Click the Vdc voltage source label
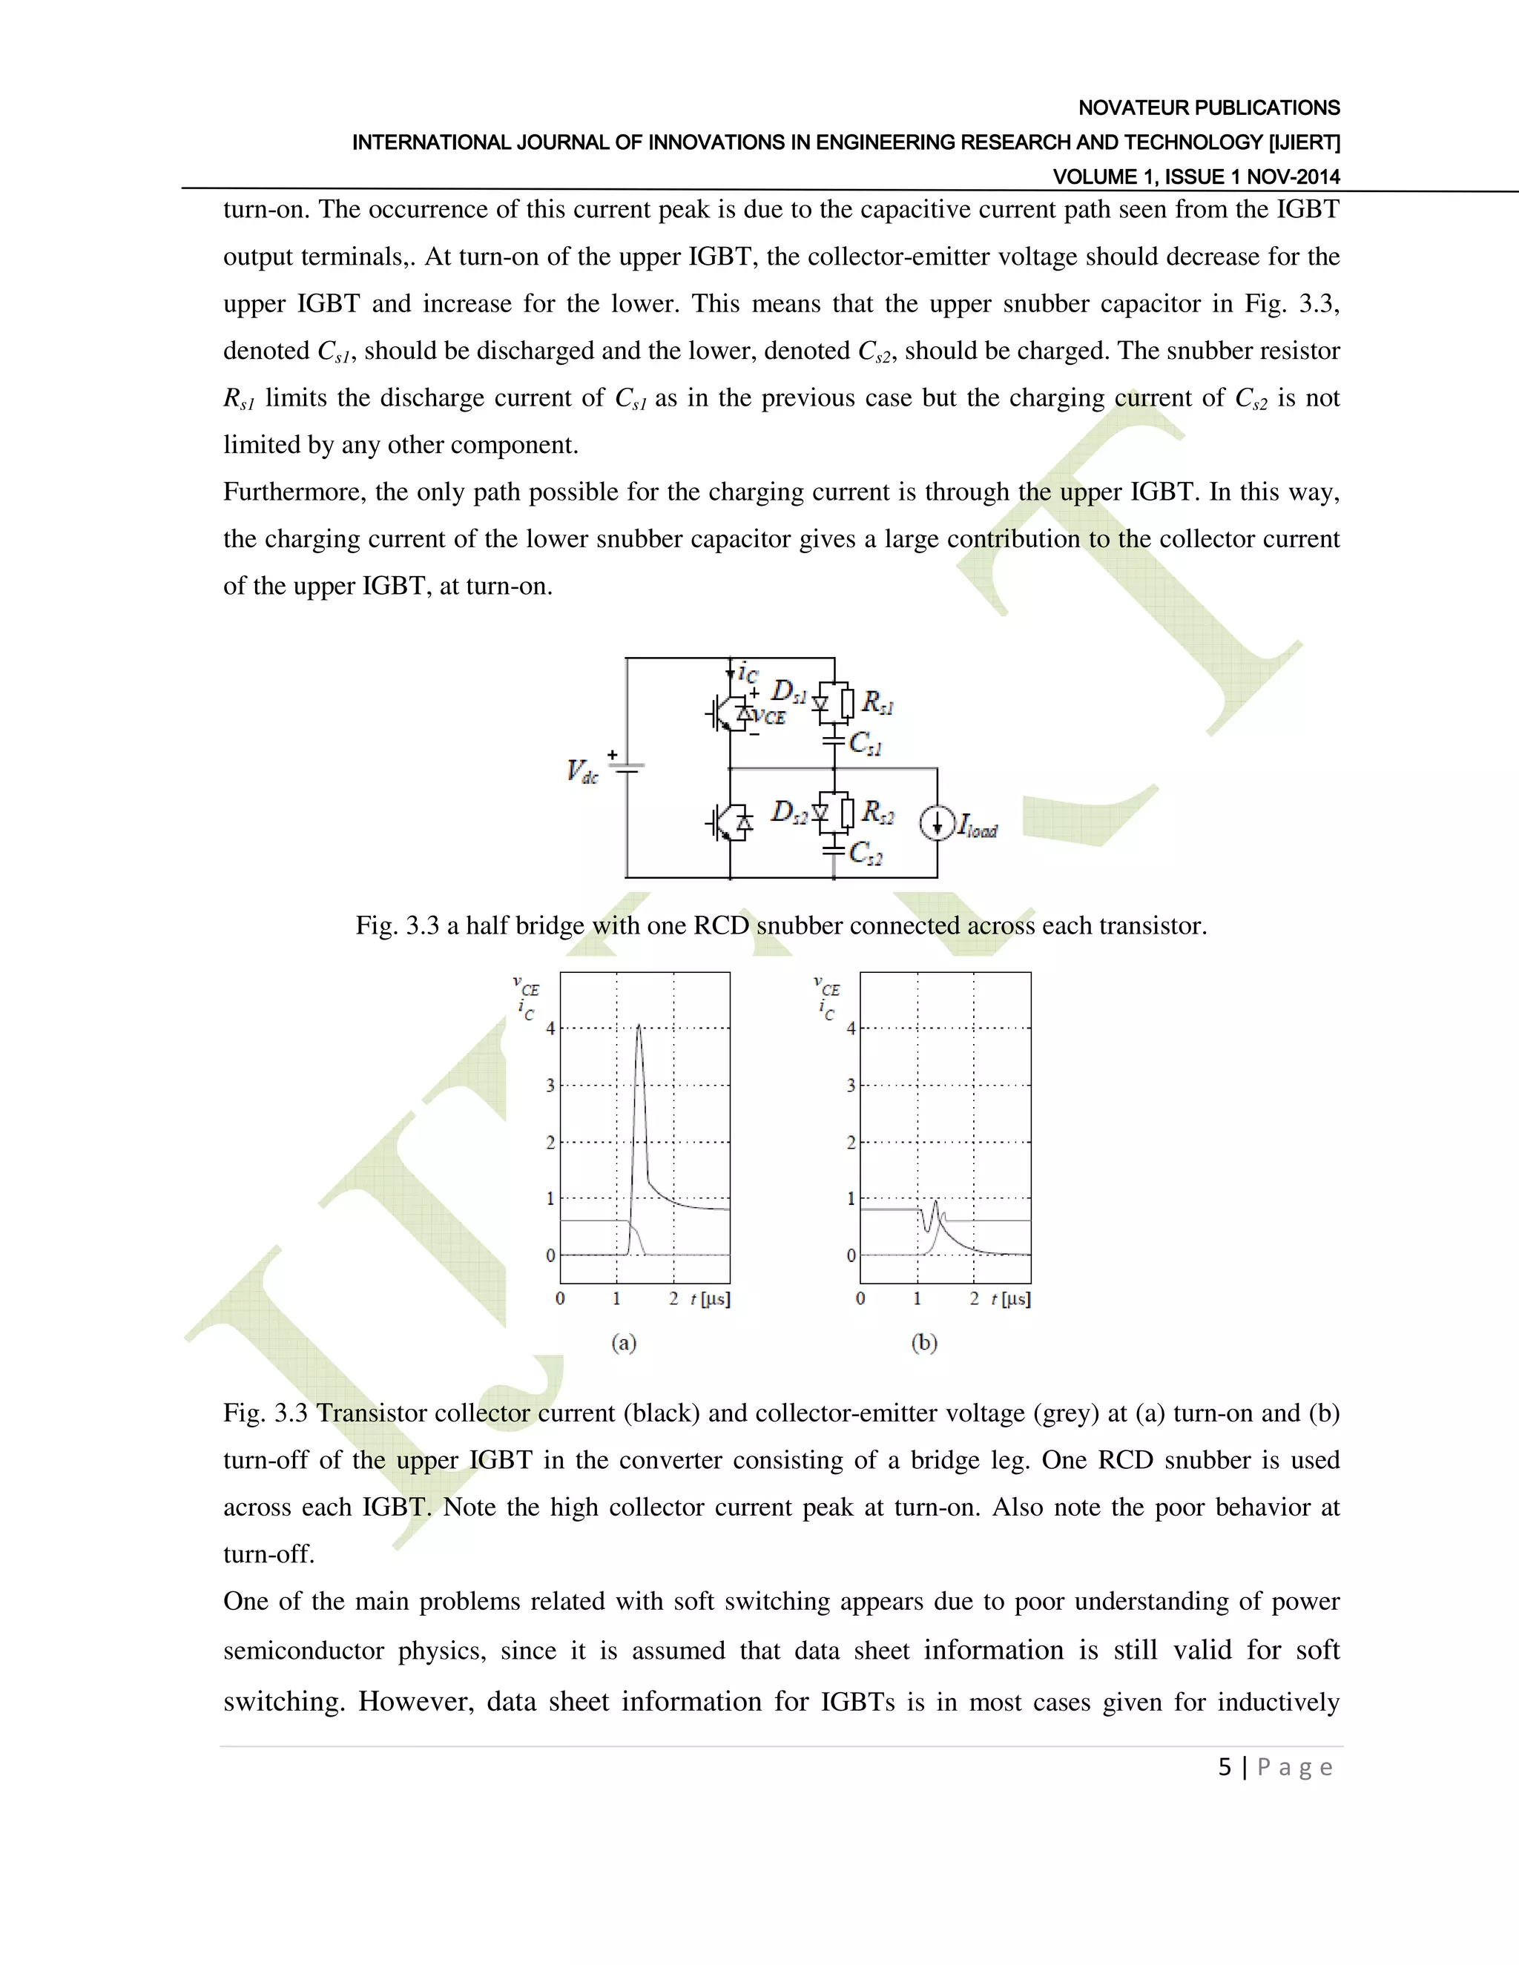tap(582, 772)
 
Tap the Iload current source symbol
tap(936, 823)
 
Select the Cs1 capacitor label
tap(866, 744)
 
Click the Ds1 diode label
tap(789, 693)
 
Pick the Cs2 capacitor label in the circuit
tap(866, 852)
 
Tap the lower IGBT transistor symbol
tap(727, 822)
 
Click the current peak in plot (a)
tap(639, 1028)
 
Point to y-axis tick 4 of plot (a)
tap(551, 1028)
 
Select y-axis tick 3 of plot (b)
tap(851, 1085)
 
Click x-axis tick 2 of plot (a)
tap(673, 1299)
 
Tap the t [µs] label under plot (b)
tap(1011, 1299)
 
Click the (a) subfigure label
tap(624, 1344)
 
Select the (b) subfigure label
tap(924, 1344)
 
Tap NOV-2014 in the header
tap(1293, 177)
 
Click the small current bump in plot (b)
tap(936, 1203)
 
